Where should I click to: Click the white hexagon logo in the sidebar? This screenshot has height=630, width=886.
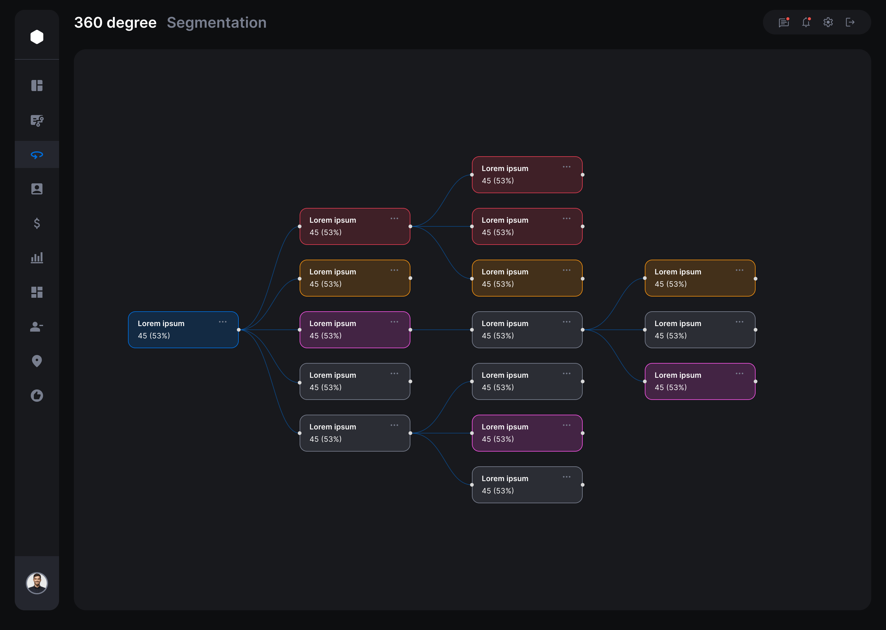tap(37, 37)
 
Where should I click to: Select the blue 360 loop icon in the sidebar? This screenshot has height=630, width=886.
tap(37, 155)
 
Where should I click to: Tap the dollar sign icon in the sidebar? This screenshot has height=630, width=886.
tap(37, 223)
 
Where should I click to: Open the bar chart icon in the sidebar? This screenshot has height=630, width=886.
tap(37, 257)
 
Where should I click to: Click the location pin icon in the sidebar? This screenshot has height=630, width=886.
tap(37, 361)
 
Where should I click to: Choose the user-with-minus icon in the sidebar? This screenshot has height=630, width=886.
tap(37, 327)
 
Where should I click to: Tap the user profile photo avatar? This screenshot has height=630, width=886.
tap(37, 583)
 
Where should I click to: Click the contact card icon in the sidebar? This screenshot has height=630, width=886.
tap(37, 189)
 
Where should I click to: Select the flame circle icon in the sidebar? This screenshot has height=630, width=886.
tap(37, 395)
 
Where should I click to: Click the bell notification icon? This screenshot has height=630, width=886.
tap(806, 22)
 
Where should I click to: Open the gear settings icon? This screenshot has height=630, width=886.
tap(828, 22)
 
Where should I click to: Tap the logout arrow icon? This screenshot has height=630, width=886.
tap(850, 22)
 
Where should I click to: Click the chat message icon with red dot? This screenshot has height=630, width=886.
tap(784, 22)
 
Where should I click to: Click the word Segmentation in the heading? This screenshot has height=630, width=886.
tap(217, 22)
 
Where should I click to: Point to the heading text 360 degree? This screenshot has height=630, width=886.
tap(115, 22)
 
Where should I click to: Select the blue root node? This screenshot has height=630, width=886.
tap(183, 330)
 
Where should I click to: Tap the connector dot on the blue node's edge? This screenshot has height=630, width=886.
tap(238, 330)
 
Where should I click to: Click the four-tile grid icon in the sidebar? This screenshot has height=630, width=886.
tap(37, 292)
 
